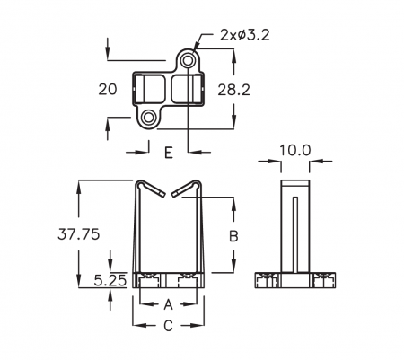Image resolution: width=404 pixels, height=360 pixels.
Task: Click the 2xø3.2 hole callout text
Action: click(x=245, y=35)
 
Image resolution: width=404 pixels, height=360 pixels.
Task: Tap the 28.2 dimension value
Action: click(x=233, y=90)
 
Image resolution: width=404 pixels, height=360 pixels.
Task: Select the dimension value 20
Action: click(x=108, y=90)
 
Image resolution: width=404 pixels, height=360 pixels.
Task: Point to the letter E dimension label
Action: click(x=169, y=153)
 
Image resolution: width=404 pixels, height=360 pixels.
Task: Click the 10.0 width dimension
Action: click(x=295, y=150)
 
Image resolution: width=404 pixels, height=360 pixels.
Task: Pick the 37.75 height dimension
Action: click(x=78, y=234)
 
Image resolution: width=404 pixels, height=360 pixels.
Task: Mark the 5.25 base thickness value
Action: click(x=110, y=280)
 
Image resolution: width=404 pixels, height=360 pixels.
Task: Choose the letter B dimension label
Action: click(x=233, y=236)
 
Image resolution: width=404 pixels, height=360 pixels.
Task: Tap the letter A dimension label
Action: click(x=169, y=304)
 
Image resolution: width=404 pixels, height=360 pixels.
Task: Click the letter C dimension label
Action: click(x=168, y=326)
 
